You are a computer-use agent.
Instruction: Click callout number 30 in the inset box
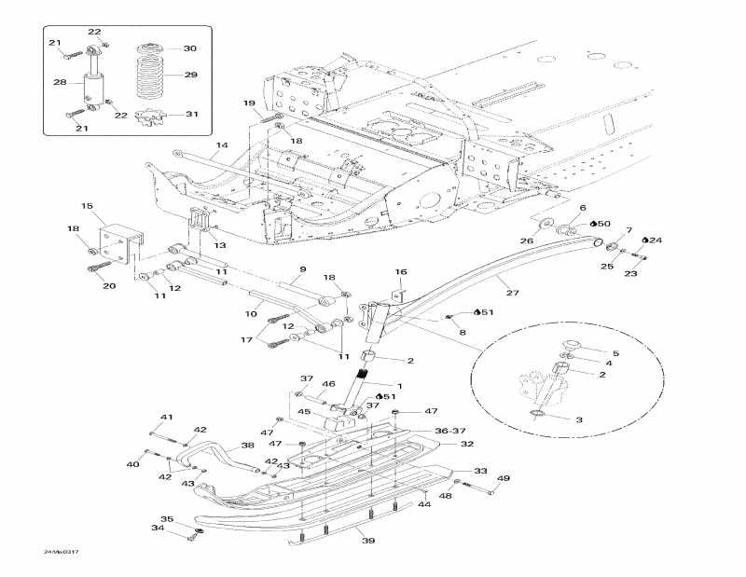[189, 48]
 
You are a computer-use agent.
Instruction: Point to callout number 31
[190, 115]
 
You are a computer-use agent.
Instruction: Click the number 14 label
[222, 146]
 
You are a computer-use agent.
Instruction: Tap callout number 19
[249, 103]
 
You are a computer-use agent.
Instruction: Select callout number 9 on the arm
[302, 270]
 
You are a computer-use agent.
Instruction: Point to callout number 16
[400, 271]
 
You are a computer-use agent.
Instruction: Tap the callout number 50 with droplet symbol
[601, 224]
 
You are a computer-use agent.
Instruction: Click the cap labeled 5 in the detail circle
[570, 347]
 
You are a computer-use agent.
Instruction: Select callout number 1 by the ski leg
[400, 385]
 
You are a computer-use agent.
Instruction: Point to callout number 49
[503, 479]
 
